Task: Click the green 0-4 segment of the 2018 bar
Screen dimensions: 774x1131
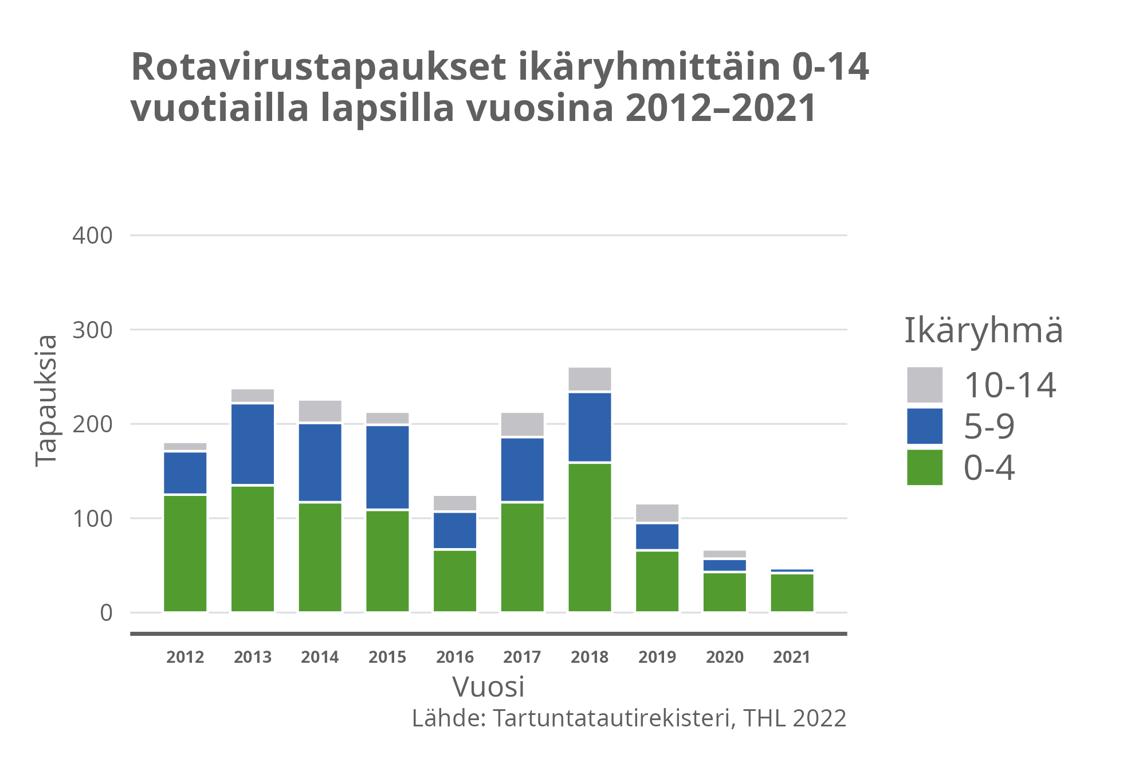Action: tap(590, 537)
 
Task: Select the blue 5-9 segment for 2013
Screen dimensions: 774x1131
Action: tap(253, 444)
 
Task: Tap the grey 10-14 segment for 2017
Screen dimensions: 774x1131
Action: tap(522, 424)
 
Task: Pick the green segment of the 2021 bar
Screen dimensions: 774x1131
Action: tap(792, 592)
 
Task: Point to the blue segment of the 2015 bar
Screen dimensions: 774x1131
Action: tap(387, 467)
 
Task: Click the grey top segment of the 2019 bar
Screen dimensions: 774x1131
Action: tap(657, 513)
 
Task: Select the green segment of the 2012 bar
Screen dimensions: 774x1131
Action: tap(185, 553)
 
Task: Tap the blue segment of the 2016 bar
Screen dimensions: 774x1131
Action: tap(455, 530)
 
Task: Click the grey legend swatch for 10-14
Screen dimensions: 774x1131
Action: tap(924, 385)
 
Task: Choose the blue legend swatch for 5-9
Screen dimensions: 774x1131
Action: tap(924, 426)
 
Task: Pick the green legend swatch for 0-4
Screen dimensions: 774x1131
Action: tap(924, 467)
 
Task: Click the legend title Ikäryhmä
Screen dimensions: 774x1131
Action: tap(983, 331)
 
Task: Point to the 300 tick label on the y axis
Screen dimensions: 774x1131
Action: tap(92, 330)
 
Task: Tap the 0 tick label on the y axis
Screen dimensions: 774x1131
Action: tap(106, 613)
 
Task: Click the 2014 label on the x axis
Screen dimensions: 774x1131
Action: tap(320, 657)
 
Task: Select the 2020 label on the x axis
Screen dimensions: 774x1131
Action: tap(724, 657)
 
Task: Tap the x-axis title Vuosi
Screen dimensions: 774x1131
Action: tap(488, 687)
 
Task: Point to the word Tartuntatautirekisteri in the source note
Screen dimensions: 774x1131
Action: tap(611, 718)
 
